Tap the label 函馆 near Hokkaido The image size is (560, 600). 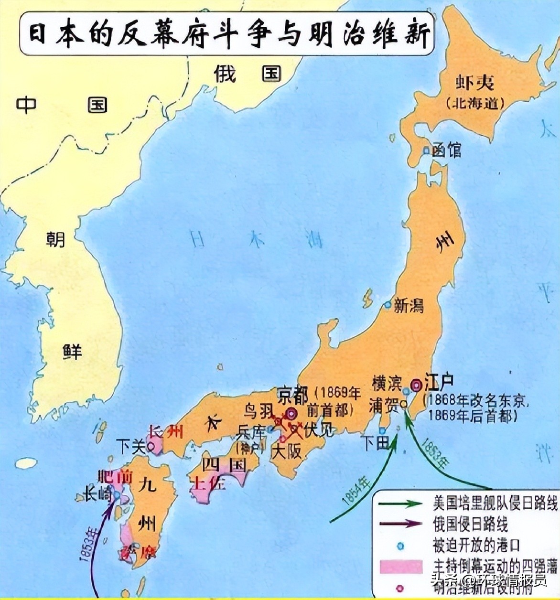(x=446, y=150)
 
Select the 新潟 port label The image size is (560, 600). (x=409, y=305)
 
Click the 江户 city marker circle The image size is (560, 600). (x=416, y=384)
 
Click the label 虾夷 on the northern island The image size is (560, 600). (x=474, y=84)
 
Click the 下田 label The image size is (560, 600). (x=376, y=443)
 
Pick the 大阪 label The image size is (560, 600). (x=287, y=451)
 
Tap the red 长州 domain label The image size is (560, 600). (x=166, y=432)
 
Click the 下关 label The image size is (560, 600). (x=131, y=447)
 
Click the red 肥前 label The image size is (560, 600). (x=115, y=477)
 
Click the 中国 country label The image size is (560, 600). (x=62, y=105)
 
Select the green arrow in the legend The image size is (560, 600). (x=400, y=504)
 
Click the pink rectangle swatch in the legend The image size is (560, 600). (x=400, y=566)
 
